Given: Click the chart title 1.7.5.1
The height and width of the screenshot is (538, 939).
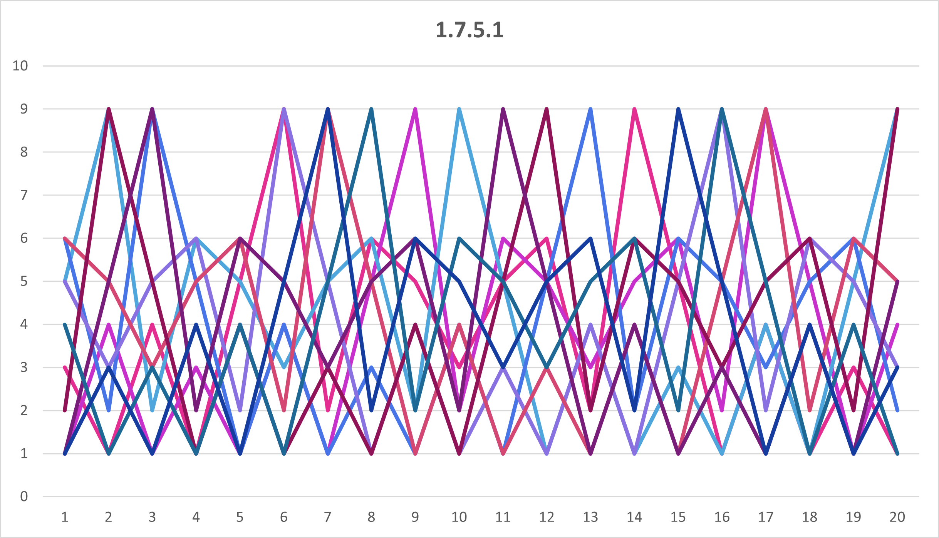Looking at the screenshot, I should click(x=469, y=30).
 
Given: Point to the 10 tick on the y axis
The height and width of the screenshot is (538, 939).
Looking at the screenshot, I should click(x=20, y=66).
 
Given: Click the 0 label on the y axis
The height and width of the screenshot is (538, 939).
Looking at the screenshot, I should click(x=24, y=496).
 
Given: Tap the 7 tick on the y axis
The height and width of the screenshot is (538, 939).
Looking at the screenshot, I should click(x=24, y=195).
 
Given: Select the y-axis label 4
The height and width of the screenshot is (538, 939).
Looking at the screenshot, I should click(x=24, y=324).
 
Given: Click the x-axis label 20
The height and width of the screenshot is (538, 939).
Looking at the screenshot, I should click(x=897, y=517).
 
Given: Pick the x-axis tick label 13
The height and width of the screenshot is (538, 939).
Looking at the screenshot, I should click(x=590, y=517).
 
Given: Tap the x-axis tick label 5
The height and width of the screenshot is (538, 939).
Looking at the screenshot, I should click(x=240, y=517).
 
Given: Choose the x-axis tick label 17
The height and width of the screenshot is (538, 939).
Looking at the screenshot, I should click(x=766, y=517).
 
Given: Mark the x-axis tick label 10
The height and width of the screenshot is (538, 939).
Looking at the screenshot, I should click(x=459, y=517).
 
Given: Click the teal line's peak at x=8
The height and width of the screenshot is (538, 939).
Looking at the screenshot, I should click(x=371, y=109).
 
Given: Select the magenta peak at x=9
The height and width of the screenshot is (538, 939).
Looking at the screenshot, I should click(x=415, y=109).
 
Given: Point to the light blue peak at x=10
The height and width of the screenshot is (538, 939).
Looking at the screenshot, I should click(x=459, y=109).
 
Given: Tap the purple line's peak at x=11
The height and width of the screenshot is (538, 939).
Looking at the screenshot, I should click(x=503, y=109).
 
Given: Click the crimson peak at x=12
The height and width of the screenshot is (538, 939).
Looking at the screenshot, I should click(x=547, y=109).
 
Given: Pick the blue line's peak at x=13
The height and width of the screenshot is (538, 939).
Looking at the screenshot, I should click(x=590, y=109).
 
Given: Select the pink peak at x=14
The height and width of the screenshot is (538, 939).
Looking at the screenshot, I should click(x=634, y=109).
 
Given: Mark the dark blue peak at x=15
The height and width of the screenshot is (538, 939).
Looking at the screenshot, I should click(x=678, y=109).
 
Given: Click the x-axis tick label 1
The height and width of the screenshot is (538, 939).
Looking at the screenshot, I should click(x=65, y=517).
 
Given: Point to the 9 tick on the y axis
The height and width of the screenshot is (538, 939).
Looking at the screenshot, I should click(x=24, y=109).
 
